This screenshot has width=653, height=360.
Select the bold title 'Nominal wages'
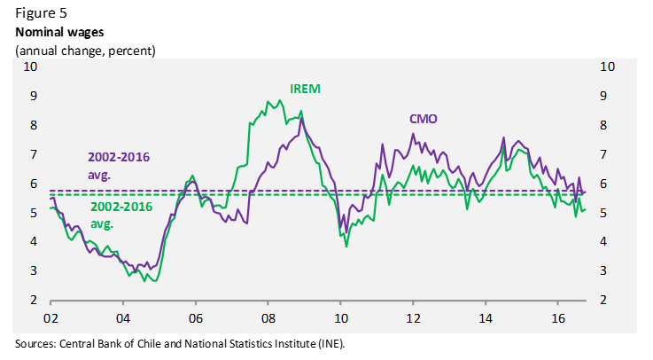point(59,32)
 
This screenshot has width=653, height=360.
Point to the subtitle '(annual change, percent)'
point(85,50)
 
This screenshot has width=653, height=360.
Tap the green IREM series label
point(306,89)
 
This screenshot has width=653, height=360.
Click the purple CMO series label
point(423,119)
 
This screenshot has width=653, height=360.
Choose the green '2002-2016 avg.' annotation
point(122,214)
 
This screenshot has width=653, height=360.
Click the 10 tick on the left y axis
point(30,67)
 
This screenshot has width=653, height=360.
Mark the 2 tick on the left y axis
point(34,300)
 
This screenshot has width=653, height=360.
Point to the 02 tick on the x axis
point(51,317)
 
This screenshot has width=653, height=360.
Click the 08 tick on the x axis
point(268,317)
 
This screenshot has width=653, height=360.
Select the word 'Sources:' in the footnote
point(36,343)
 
